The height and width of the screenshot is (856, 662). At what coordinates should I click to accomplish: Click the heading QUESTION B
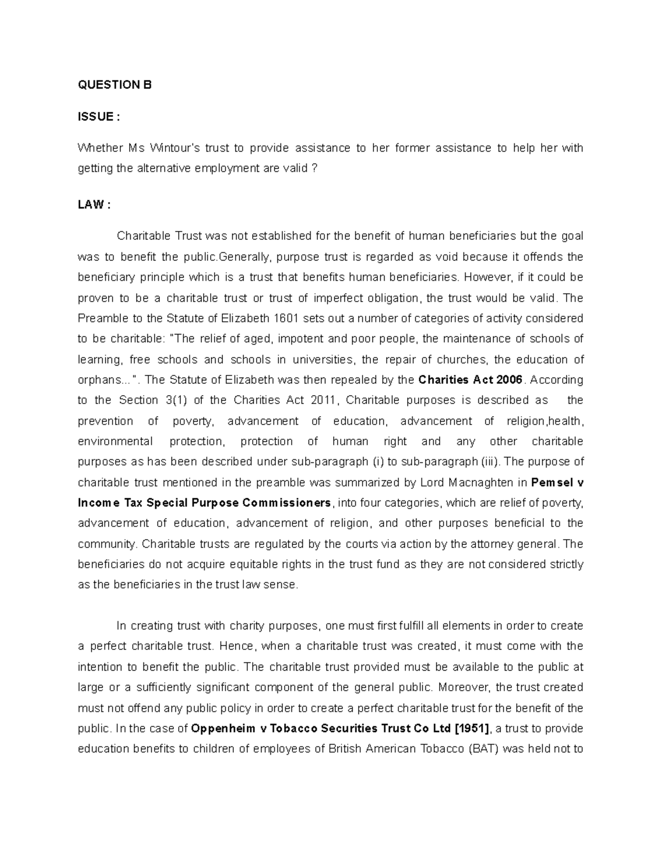tap(114, 85)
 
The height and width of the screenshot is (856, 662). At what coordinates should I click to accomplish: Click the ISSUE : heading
tap(99, 117)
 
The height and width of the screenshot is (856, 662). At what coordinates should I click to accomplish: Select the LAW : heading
tap(94, 205)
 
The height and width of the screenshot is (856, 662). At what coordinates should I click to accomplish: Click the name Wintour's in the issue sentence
tap(175, 148)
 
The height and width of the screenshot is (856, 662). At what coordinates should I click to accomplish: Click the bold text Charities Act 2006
tap(470, 380)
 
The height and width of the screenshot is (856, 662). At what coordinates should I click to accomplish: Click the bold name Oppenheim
tap(223, 729)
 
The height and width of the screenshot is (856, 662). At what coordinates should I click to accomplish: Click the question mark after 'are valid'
tap(314, 169)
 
